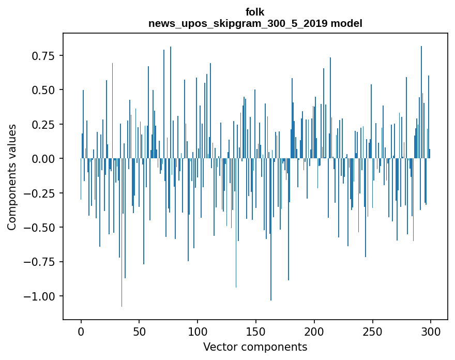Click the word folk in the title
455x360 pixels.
click(255, 12)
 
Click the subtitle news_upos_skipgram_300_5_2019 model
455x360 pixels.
click(255, 23)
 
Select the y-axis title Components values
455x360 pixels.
click(11, 177)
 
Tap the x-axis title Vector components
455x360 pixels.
click(255, 347)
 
